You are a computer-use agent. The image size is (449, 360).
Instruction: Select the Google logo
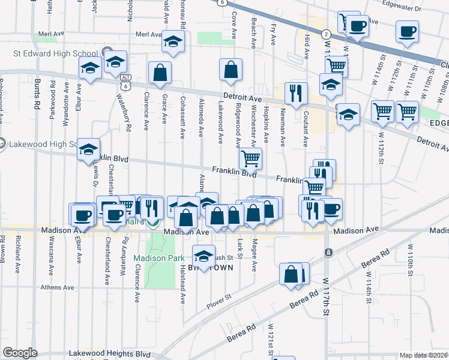pyautogui.click(x=19, y=353)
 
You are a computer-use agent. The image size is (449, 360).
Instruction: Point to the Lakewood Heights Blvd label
pyautogui.click(x=109, y=353)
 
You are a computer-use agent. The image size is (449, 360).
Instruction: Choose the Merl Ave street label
pyautogui.click(x=49, y=34)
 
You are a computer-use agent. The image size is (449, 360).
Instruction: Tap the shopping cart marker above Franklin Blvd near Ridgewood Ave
pyautogui.click(x=250, y=158)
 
